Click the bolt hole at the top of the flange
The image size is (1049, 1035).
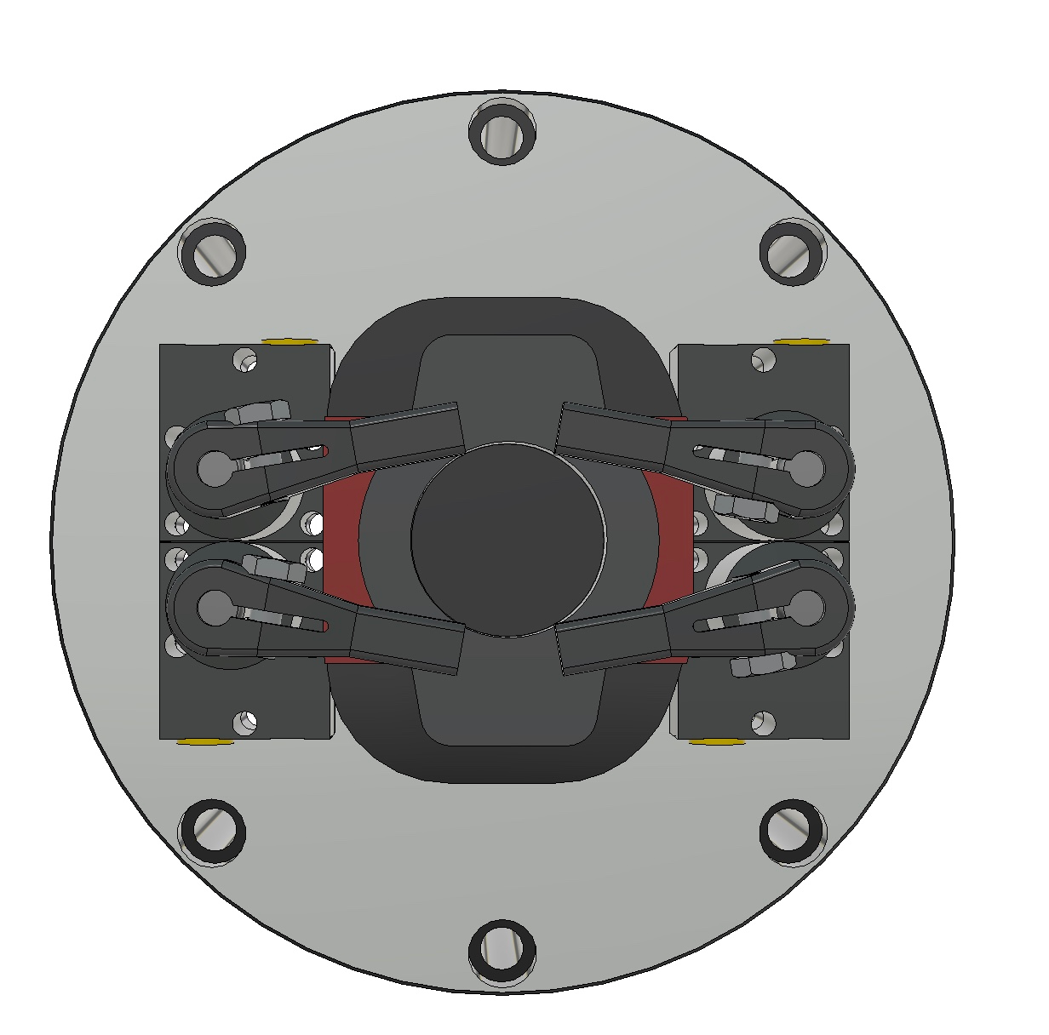coord(502,132)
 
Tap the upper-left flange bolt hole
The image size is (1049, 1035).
coord(212,254)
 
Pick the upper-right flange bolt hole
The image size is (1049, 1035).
coord(793,253)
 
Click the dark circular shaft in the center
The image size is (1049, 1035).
coord(507,540)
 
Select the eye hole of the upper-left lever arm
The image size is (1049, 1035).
coord(214,466)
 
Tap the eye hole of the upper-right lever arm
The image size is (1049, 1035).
coord(806,466)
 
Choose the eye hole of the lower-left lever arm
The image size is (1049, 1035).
coord(214,607)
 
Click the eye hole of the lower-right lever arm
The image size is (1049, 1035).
coord(806,607)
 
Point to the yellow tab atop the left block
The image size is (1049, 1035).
coord(289,341)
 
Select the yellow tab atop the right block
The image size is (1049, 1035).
coord(800,341)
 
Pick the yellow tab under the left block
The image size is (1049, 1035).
coord(205,741)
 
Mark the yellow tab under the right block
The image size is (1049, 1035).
coord(717,741)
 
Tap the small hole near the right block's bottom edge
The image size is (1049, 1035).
coord(763,723)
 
